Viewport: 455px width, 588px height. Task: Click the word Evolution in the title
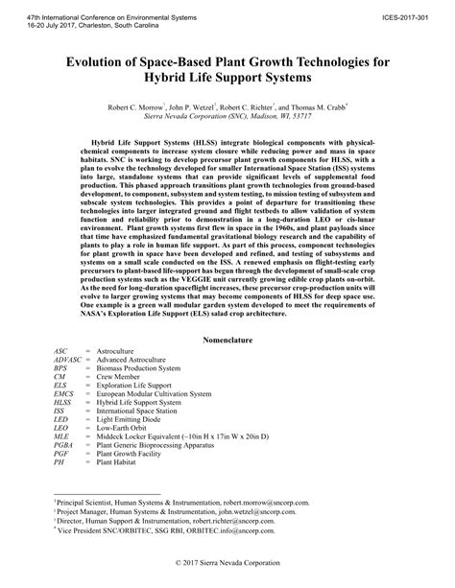coord(102,61)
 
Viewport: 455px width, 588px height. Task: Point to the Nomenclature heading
coord(227,341)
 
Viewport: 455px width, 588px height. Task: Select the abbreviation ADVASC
coord(68,365)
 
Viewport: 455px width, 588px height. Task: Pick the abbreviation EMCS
coord(65,393)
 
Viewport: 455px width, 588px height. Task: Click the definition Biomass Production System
coord(141,374)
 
